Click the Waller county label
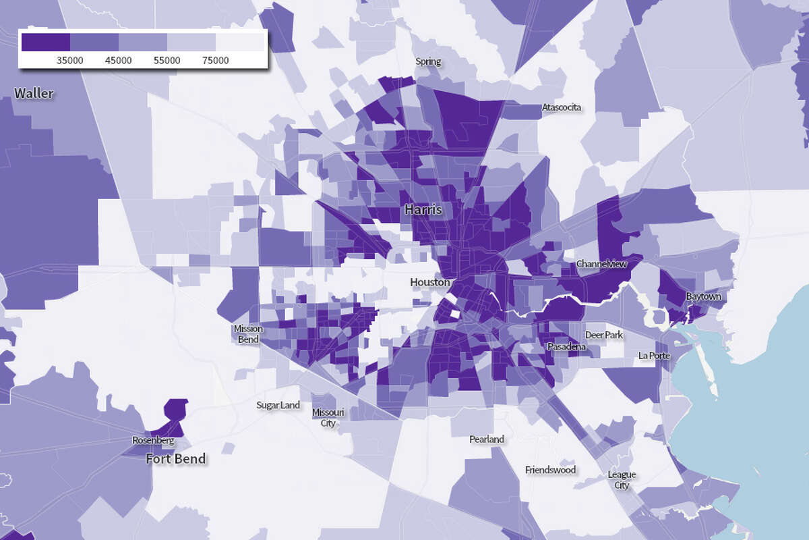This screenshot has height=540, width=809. [34, 93]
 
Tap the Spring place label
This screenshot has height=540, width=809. [428, 61]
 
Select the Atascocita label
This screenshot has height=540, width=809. [562, 107]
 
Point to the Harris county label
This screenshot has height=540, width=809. [423, 210]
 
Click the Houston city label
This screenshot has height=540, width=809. [429, 282]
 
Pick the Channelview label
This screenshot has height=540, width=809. [601, 264]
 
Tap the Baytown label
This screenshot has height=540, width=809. [703, 296]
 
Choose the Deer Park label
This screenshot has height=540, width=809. [604, 335]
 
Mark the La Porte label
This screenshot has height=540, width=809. [655, 355]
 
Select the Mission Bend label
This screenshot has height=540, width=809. [248, 334]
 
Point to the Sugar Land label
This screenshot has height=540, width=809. [278, 406]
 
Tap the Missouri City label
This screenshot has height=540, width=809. [328, 418]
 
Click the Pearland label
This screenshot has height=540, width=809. [487, 439]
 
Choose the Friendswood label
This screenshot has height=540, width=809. [551, 469]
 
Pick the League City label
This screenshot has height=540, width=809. [622, 480]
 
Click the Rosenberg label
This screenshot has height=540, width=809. [153, 441]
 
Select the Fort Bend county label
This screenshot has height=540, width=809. [176, 460]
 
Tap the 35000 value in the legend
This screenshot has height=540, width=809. [70, 60]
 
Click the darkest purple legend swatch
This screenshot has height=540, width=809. [46, 42]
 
